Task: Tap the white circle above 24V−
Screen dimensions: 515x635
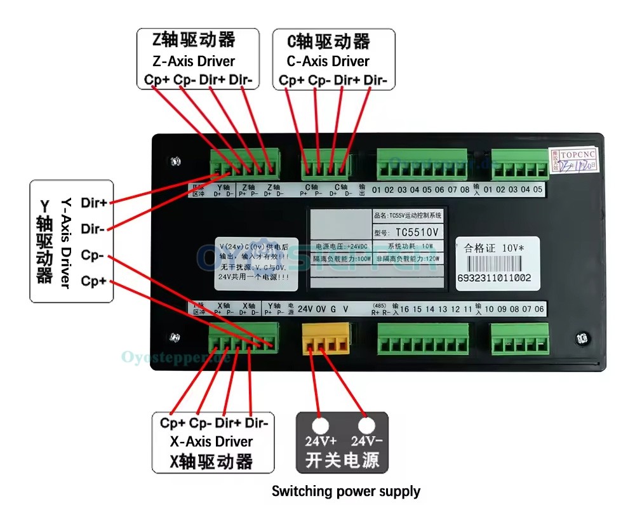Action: click(366, 425)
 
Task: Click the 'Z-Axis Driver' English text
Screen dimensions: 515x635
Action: click(194, 62)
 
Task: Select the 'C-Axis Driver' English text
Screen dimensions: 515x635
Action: click(328, 62)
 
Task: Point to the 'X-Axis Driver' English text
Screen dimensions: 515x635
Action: click(211, 441)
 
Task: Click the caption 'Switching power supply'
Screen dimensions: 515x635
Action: click(346, 491)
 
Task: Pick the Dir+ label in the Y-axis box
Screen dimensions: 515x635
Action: click(94, 203)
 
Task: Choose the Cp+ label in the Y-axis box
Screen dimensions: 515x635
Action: click(94, 281)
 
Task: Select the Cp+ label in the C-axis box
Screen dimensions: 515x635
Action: click(292, 80)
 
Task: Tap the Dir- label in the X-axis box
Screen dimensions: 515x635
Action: click(257, 423)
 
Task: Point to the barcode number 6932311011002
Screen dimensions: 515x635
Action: click(495, 278)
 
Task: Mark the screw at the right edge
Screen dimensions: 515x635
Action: click(581, 339)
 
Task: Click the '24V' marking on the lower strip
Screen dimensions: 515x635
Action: click(305, 309)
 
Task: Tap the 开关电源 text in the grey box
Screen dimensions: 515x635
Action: click(342, 460)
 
